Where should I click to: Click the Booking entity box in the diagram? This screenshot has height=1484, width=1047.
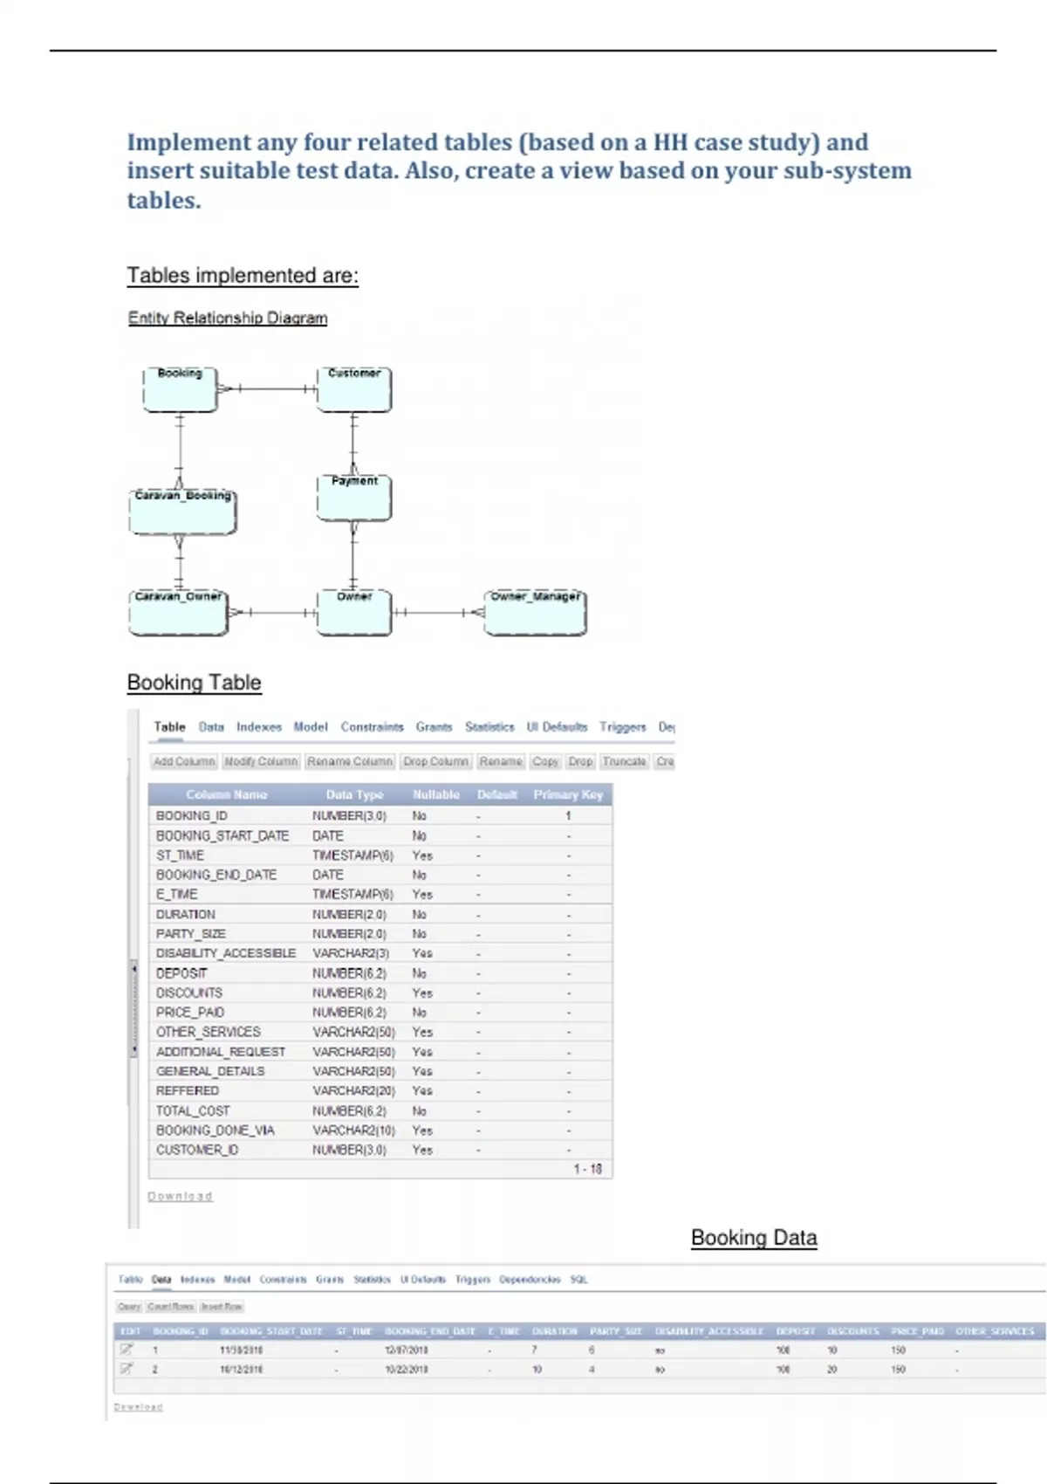pos(180,389)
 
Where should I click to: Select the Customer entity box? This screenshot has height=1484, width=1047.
pos(353,389)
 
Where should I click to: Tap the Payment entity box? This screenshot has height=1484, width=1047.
pos(353,498)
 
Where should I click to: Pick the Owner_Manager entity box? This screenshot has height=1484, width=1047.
pos(535,613)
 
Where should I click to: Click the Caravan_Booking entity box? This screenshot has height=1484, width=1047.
pos(182,512)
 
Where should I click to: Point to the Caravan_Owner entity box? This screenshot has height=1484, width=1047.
pos(179,613)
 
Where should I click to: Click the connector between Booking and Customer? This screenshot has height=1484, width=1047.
pos(267,389)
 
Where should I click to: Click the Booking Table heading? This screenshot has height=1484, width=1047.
pos(194,683)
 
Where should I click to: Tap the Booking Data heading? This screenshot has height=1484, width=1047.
pos(754,1238)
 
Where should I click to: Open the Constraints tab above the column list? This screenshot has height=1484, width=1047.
pos(372,727)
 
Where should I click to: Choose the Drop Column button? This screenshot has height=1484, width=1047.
pos(436,762)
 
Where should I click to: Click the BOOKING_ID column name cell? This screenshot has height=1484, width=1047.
pos(192,816)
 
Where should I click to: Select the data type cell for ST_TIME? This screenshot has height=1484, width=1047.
pos(352,855)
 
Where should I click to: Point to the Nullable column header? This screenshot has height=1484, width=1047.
pos(435,795)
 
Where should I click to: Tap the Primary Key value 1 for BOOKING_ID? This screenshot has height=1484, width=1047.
pos(568,816)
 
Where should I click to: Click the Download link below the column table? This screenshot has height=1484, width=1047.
pos(180,1197)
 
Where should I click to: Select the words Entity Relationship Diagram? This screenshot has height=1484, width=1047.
pos(228,319)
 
